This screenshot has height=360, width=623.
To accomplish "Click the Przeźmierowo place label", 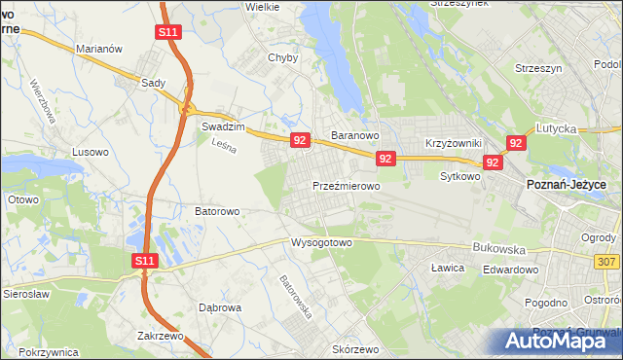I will coord(346,185).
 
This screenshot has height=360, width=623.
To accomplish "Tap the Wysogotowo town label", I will coord(320,242).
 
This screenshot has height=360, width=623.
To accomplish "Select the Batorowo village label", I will coord(217,210).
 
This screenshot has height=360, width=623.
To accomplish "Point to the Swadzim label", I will coord(221,126).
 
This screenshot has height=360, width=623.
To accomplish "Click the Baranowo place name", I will coord(354,135).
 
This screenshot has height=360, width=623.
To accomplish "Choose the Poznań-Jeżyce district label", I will coord(567,184).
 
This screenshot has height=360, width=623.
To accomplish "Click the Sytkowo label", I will coord(460,177).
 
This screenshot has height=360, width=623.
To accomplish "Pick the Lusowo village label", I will coord(91,152).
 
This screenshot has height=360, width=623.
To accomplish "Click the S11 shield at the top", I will coord(167,32).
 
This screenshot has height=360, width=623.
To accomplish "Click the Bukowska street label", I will coord(498,248).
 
